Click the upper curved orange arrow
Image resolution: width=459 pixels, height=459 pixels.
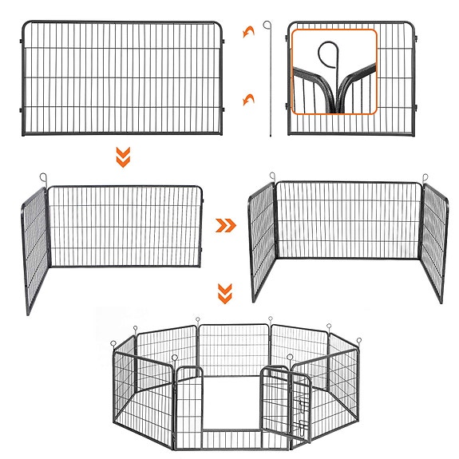(x=250, y=31)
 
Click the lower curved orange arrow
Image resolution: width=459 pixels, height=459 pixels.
(x=250, y=98)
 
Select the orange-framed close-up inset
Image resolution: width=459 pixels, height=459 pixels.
(x=334, y=72)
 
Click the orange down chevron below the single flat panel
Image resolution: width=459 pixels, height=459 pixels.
(x=122, y=158)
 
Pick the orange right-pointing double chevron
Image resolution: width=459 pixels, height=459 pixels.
(x=228, y=226)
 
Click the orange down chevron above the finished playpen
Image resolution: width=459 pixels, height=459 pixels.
(x=226, y=294)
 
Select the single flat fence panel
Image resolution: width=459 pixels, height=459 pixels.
(x=122, y=78)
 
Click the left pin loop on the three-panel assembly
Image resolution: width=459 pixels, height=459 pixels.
(x=271, y=175)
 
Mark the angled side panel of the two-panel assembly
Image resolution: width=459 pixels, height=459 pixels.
(x=35, y=246)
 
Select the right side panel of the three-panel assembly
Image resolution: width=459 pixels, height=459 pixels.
(x=434, y=239)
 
